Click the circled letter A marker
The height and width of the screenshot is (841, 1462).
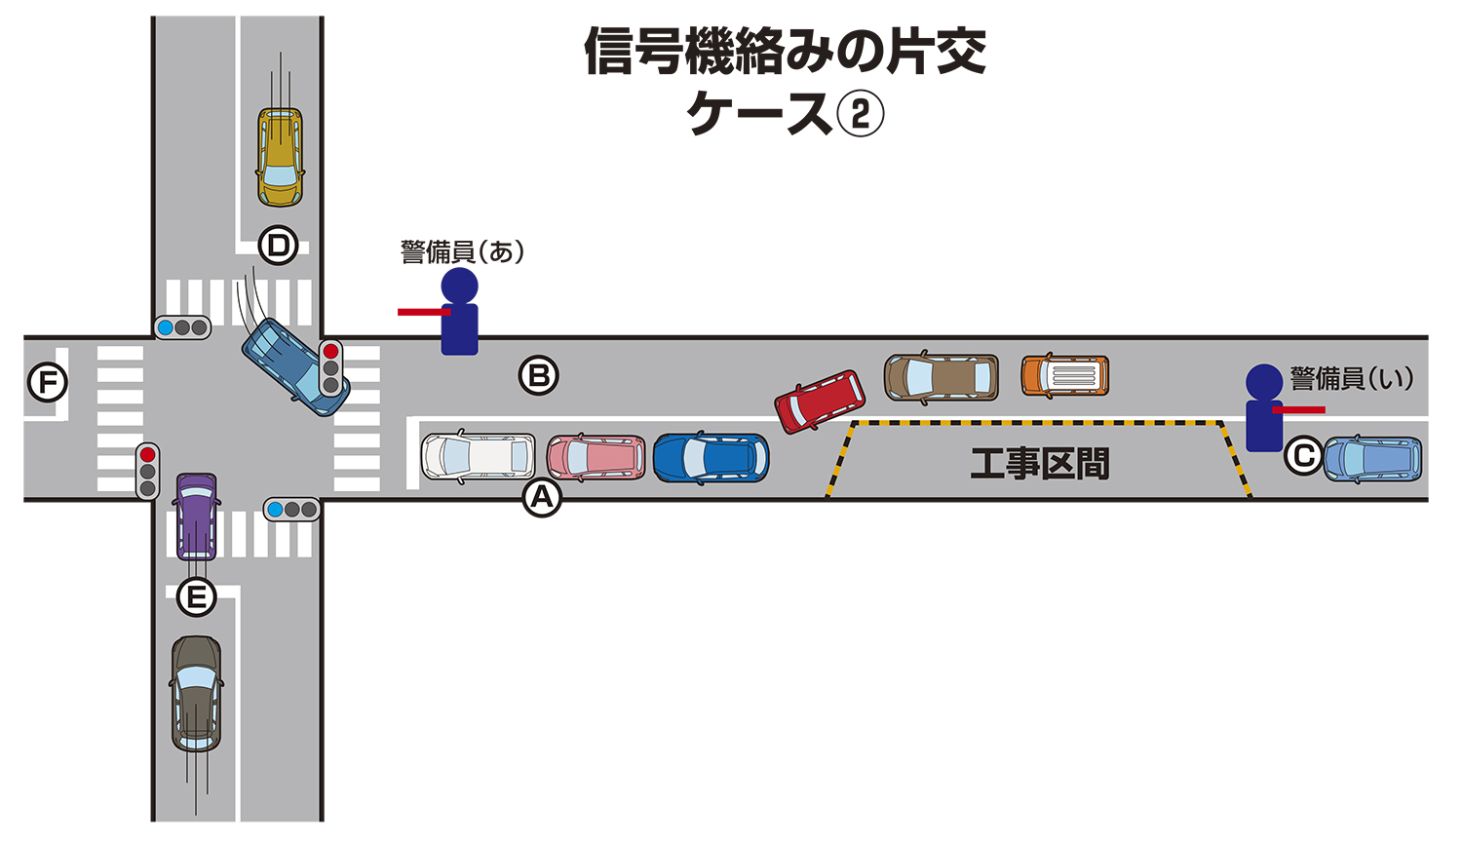tap(542, 497)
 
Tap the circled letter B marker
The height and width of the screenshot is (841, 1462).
tap(538, 375)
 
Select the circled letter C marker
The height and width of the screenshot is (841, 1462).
tap(1303, 455)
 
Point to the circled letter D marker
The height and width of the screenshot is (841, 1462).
tap(279, 246)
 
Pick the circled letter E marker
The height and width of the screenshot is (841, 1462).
tap(196, 596)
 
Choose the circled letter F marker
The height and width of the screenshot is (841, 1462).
tap(48, 382)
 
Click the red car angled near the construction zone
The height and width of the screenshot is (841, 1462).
tap(820, 401)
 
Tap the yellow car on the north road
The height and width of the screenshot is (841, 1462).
tap(280, 157)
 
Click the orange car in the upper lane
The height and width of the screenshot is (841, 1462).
tap(1064, 376)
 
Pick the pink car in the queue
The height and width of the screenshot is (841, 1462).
tap(596, 458)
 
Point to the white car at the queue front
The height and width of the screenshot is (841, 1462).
tap(478, 457)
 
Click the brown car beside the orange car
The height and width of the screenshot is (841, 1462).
tap(941, 378)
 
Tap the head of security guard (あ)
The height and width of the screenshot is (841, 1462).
tap(459, 287)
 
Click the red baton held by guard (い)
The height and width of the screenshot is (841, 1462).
tap(1299, 409)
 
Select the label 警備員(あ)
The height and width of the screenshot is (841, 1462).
tap(463, 252)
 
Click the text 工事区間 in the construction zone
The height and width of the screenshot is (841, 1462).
tap(1039, 463)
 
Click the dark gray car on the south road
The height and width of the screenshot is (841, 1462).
tap(196, 693)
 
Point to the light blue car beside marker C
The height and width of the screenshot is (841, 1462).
tap(1372, 459)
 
